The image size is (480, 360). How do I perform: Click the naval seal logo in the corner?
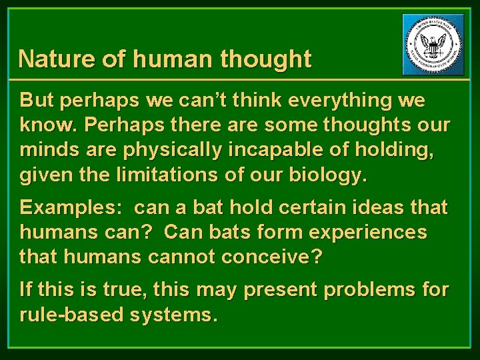[x=434, y=44]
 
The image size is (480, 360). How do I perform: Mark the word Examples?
[x=64, y=207]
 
